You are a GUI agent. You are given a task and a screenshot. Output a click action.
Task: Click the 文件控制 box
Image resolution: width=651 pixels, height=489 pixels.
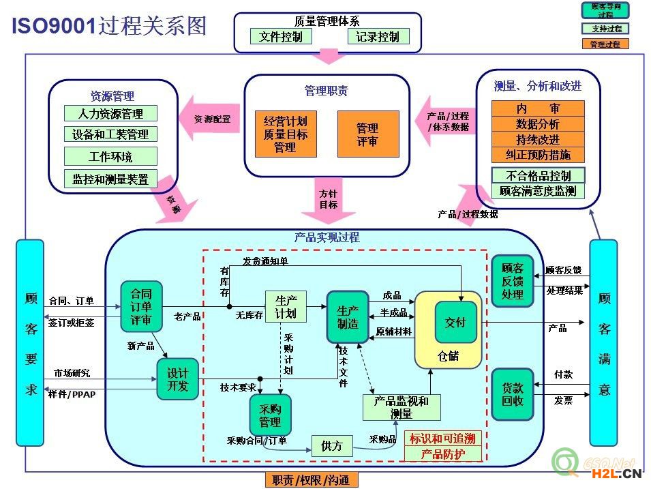point(280,37)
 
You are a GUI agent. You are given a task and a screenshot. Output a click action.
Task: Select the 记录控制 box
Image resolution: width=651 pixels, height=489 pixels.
point(378,37)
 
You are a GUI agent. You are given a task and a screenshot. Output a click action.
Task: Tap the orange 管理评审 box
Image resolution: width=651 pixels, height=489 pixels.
point(367,134)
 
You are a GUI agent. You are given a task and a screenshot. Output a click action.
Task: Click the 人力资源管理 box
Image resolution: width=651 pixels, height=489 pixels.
point(110,113)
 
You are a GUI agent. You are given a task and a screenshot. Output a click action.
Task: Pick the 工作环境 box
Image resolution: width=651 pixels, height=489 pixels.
point(110,157)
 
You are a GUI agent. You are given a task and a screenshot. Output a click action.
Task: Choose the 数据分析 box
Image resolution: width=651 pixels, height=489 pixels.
point(538,124)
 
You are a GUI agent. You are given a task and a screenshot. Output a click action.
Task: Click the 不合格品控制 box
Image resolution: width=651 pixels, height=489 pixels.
point(538,175)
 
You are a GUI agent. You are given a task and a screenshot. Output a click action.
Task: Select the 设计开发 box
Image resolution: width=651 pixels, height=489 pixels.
point(177,379)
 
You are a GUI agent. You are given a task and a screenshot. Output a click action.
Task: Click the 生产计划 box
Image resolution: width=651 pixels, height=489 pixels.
point(286,307)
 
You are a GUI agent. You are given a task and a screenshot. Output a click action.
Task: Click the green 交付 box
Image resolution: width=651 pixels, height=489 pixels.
point(455,322)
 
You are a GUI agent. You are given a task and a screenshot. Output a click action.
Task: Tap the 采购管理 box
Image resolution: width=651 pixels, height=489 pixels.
point(270,415)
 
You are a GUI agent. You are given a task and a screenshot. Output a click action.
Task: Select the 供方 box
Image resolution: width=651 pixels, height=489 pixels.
point(331,446)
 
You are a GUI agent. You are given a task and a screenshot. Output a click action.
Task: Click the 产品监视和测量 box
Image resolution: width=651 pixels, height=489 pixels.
point(402,407)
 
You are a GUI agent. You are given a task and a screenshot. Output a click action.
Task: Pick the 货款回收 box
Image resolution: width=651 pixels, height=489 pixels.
point(512,394)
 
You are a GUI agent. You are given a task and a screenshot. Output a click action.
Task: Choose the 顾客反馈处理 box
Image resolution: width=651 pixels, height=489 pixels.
point(512,280)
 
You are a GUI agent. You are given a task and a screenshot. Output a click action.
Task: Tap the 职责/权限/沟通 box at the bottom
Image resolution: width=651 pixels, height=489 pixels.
point(311,480)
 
